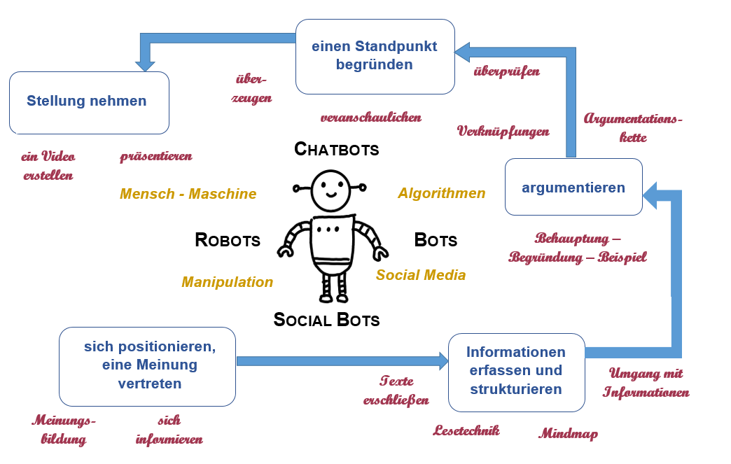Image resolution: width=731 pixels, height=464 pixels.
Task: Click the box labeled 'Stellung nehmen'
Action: pos(89,102)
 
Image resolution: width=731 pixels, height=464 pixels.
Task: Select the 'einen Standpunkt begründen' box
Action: pos(375,56)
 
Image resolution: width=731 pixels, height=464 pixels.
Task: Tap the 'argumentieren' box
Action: pos(573,187)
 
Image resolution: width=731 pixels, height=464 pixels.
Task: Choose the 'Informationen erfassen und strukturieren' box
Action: pos(516,371)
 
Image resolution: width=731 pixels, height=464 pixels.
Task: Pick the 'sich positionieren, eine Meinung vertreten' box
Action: pos(147,366)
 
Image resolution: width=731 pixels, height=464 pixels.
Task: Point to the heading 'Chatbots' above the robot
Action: pos(336,149)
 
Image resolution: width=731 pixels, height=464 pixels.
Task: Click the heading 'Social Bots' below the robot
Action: pos(326,321)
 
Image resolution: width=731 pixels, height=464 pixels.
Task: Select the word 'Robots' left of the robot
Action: pos(228,241)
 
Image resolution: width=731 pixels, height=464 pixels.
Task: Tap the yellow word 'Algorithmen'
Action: pos(441,193)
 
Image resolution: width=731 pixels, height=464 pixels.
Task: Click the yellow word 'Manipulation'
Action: pos(227,282)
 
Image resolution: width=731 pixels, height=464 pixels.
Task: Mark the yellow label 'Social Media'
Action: pos(420,275)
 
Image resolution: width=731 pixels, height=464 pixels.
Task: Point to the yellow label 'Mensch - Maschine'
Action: pos(188,194)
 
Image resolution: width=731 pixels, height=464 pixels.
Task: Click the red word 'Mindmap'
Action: pos(568,434)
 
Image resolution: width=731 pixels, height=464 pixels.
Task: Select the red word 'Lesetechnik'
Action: pos(466,430)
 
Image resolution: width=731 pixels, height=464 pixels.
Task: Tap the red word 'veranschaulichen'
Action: pos(370,118)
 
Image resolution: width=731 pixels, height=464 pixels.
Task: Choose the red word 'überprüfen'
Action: pos(506,71)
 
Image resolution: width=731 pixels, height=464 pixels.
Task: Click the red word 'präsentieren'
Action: pos(155,156)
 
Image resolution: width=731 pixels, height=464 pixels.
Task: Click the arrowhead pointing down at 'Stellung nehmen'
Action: pos(145,64)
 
